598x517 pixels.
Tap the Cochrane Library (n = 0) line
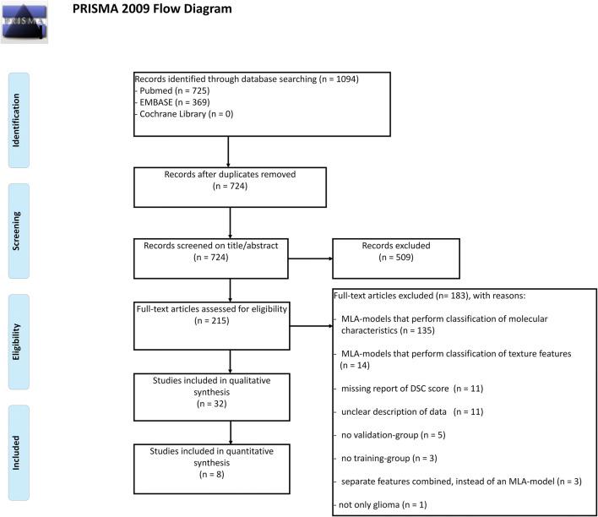coord(190,113)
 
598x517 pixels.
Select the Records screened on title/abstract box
coord(229,257)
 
